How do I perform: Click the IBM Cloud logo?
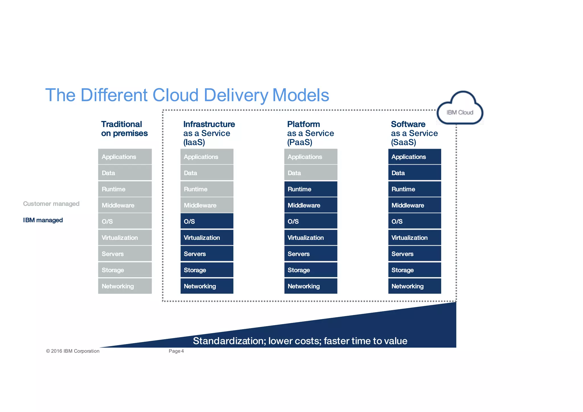[460, 110]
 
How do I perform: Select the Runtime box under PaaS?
[311, 189]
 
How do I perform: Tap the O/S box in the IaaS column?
[207, 221]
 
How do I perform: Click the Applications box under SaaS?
[414, 157]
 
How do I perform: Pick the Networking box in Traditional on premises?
[125, 286]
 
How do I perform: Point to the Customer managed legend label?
[51, 204]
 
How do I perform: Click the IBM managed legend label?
[43, 220]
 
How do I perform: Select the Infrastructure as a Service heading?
[209, 133]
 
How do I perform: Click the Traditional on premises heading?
[124, 129]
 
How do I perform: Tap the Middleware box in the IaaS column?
[207, 205]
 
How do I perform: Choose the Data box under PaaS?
[311, 173]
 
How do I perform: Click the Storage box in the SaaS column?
[414, 270]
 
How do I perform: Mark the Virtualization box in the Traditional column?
[125, 237]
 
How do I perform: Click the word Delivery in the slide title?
[236, 95]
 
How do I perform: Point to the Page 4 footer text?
[176, 351]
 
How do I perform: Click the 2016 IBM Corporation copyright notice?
[73, 351]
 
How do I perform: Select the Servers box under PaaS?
[311, 254]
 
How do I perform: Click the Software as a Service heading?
[414, 133]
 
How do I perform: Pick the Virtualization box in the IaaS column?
[207, 237]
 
